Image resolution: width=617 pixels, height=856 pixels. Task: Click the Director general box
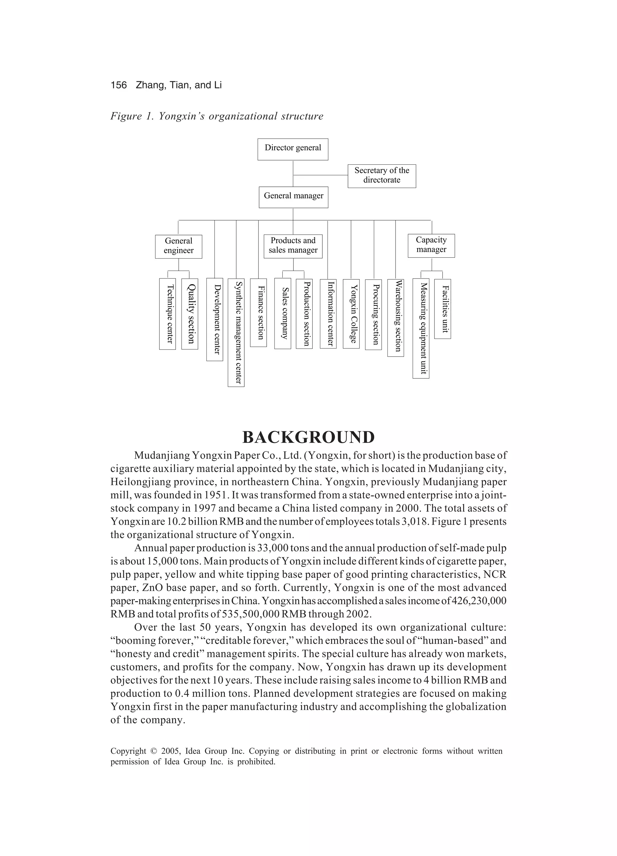click(x=293, y=149)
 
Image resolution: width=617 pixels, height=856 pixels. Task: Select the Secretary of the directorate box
click(x=381, y=176)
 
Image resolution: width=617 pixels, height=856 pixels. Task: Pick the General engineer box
click(x=178, y=247)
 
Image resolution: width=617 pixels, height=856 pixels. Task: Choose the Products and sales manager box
click(x=293, y=246)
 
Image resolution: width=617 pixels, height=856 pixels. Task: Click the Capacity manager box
click(x=431, y=246)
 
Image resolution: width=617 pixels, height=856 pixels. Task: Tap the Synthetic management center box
click(x=236, y=333)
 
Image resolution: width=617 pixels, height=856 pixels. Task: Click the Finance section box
click(x=258, y=313)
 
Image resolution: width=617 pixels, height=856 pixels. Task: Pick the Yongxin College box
click(x=351, y=313)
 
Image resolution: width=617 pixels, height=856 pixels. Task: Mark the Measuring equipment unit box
click(x=421, y=328)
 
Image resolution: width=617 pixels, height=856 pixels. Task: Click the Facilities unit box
click(x=442, y=309)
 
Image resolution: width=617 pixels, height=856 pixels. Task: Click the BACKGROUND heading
click(x=308, y=438)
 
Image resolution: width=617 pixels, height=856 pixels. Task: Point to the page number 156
click(x=119, y=85)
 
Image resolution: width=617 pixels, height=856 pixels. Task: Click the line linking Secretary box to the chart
click(x=320, y=175)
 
